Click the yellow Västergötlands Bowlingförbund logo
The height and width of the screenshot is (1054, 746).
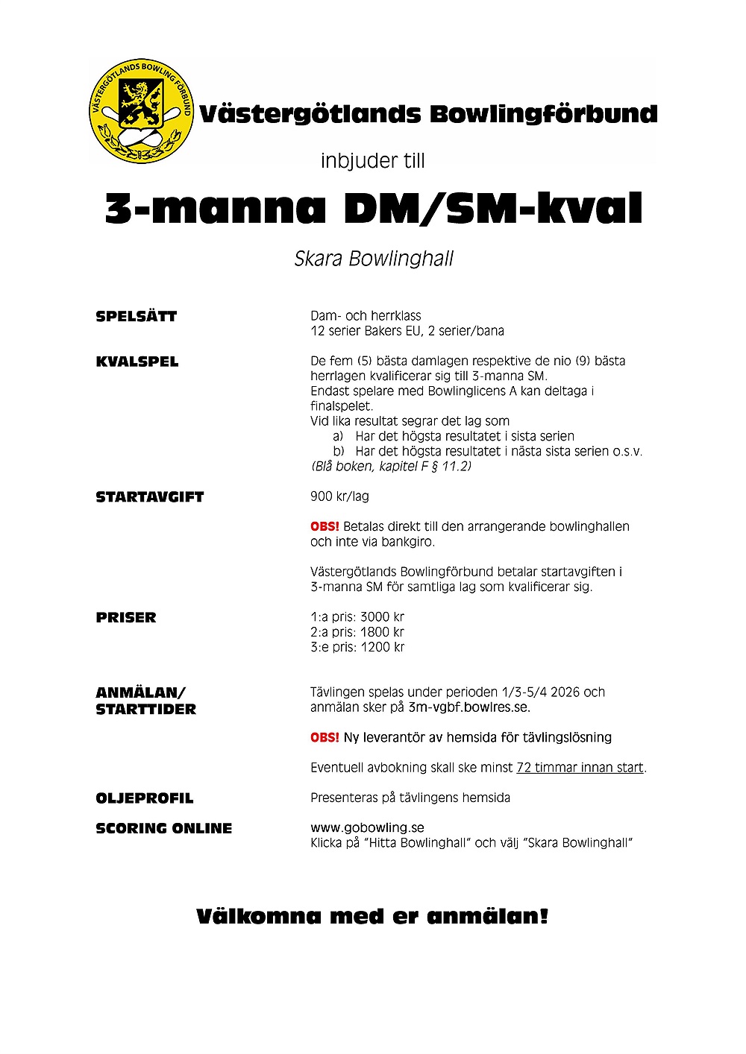(141, 113)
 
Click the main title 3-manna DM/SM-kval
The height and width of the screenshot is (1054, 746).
(374, 209)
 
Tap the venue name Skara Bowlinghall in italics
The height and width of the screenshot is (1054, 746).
(374, 259)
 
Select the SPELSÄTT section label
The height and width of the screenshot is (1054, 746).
(137, 316)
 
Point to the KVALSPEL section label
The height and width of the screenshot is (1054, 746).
(137, 362)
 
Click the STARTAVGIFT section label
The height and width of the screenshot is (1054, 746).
(150, 497)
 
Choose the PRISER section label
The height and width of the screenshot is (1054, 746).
(126, 617)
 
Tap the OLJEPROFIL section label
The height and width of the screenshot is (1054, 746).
(145, 798)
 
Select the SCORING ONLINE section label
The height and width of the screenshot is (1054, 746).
(164, 828)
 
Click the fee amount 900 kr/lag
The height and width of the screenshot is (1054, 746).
(339, 496)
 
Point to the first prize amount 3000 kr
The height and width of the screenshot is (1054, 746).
(382, 617)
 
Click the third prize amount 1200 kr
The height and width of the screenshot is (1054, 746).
(382, 647)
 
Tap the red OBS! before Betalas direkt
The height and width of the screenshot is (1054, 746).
(325, 527)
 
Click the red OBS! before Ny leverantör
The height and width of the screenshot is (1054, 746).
(325, 738)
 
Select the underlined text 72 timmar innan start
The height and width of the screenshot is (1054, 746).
(580, 768)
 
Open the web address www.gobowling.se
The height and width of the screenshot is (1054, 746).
(367, 827)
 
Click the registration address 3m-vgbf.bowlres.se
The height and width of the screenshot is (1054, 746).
(468, 707)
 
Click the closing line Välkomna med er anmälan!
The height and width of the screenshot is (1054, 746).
(372, 916)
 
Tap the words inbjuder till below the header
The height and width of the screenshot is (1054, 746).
(372, 161)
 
